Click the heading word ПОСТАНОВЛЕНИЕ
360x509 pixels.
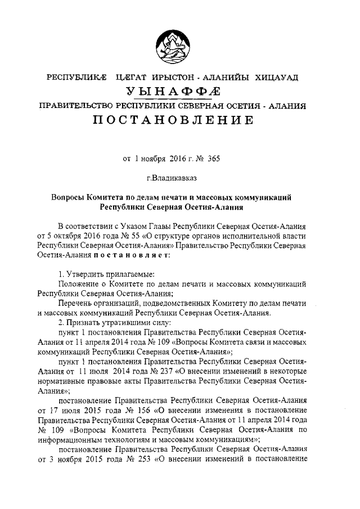pyautogui.click(x=180, y=120)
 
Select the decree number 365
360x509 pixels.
pyautogui.click(x=213, y=159)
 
